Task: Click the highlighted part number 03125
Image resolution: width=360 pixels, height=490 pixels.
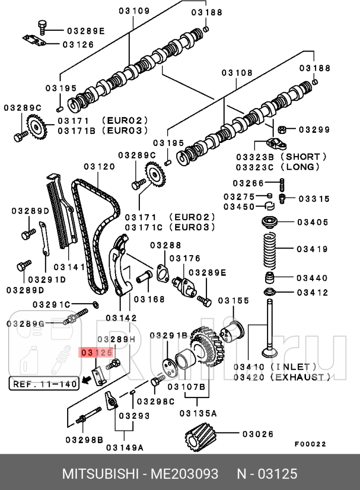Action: coord(96,352)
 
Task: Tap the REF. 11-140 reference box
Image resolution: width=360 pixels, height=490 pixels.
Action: coord(44,384)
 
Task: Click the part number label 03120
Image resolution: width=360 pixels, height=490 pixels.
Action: coord(99,166)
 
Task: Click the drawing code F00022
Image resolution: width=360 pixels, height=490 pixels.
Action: coord(310,445)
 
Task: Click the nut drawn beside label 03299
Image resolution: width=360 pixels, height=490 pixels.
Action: coord(283,129)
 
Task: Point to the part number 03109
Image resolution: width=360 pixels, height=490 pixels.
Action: coord(134,11)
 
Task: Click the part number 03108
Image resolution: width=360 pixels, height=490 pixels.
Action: coord(237,73)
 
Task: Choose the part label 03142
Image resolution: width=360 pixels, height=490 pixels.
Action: coord(121,318)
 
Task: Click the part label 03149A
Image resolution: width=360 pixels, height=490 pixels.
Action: coord(125,447)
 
